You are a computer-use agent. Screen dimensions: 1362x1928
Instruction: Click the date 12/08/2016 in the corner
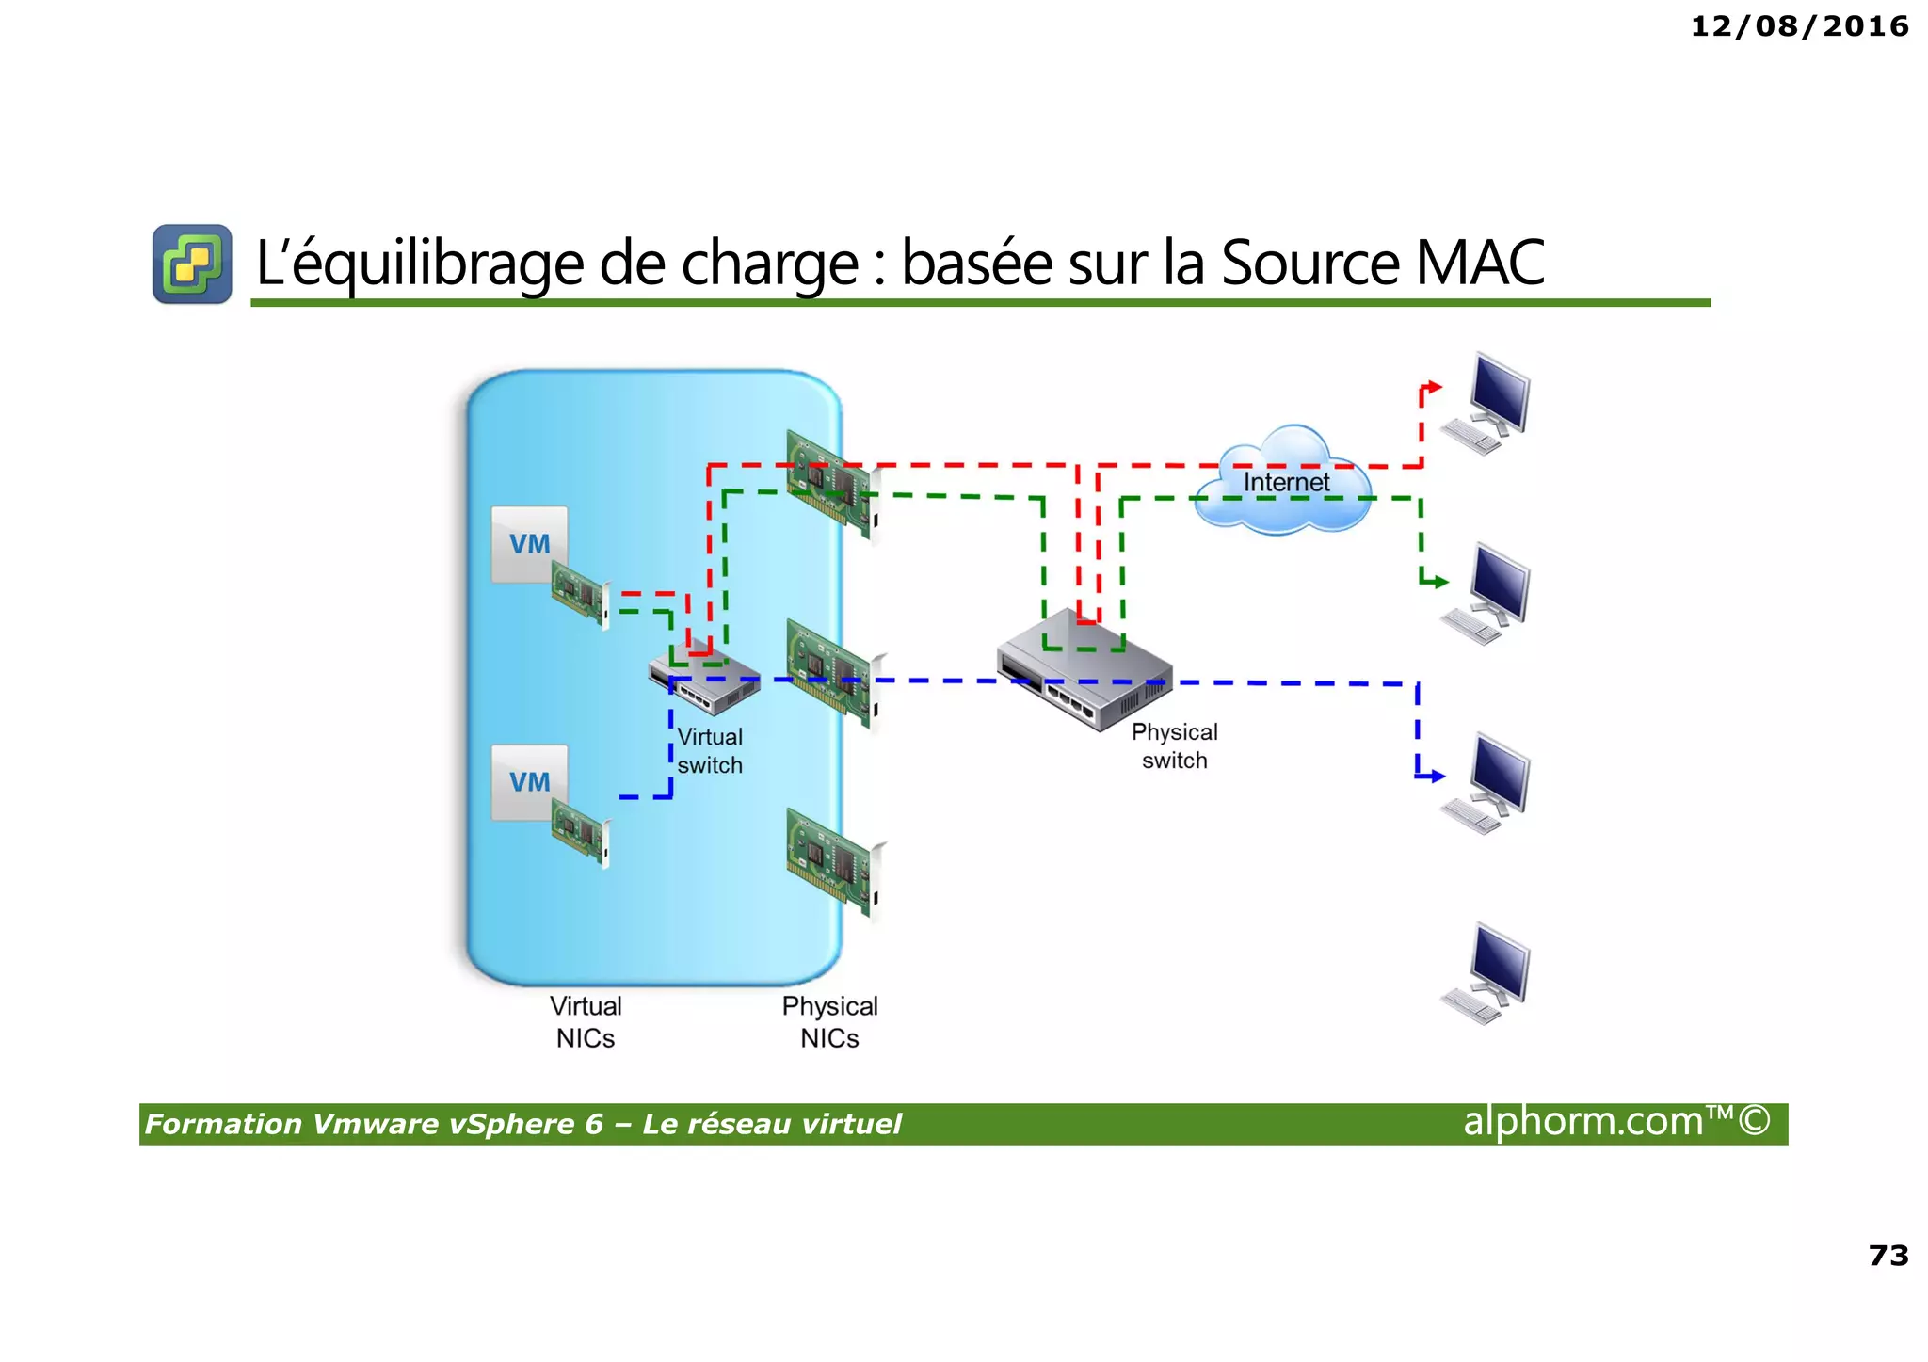tap(1799, 26)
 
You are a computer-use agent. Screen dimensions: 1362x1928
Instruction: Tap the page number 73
tap(1888, 1255)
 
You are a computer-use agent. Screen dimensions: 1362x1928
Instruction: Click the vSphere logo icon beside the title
tap(192, 264)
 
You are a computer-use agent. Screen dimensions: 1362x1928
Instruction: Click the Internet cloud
tap(1285, 482)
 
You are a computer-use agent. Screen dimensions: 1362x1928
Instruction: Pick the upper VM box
tap(529, 544)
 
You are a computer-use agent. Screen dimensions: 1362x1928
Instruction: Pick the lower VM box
tap(529, 782)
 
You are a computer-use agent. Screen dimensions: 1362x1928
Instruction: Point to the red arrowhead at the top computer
tap(1434, 386)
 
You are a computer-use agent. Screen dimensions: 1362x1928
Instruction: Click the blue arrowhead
tap(1435, 777)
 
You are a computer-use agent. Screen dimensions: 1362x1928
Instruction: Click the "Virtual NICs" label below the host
tap(586, 1022)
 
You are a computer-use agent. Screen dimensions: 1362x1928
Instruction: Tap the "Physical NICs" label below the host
tap(829, 1022)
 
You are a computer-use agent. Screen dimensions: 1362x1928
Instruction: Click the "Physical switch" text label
tap(1174, 746)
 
